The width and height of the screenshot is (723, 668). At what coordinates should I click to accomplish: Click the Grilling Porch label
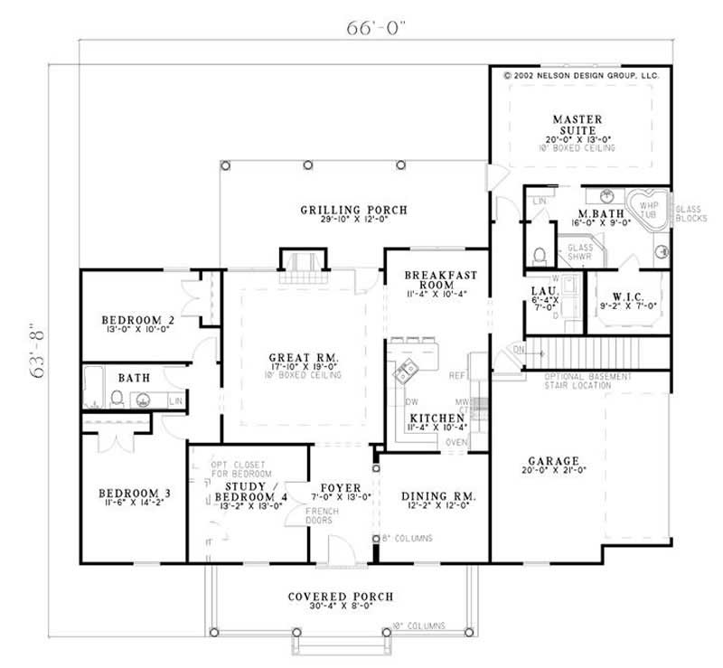click(x=353, y=211)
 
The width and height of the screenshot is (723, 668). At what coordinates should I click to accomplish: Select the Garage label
click(x=551, y=460)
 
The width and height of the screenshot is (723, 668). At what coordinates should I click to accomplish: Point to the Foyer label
click(x=342, y=488)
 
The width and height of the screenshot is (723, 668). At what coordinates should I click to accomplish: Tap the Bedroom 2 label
click(x=137, y=320)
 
